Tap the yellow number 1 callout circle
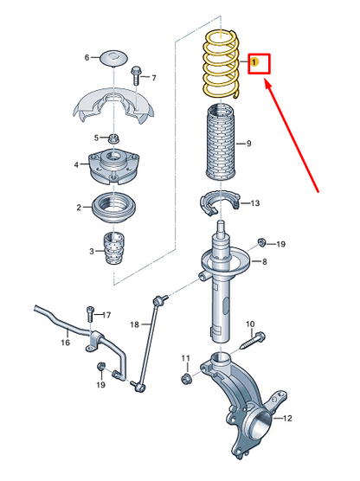point(254,62)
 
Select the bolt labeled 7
point(135,75)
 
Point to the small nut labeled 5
point(114,138)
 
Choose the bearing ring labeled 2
point(114,208)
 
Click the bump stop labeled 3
point(114,248)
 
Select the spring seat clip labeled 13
point(220,202)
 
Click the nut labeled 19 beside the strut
point(261,242)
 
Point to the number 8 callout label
point(264,262)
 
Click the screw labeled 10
point(252,341)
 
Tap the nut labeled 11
point(186,379)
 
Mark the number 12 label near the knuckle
point(286,418)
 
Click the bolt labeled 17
point(90,313)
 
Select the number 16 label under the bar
point(65,342)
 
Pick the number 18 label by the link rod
point(134,324)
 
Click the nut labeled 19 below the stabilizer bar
point(100,366)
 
